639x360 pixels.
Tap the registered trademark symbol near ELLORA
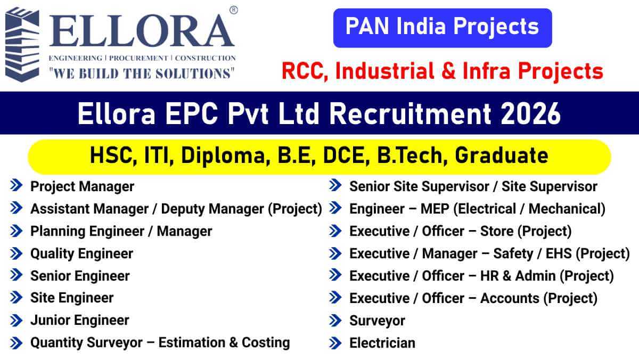coord(233,10)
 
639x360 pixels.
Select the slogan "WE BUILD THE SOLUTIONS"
coord(141,72)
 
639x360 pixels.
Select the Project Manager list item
coord(82,186)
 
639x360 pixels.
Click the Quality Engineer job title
coord(81,253)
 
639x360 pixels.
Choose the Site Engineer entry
coord(72,298)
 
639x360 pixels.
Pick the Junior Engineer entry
coord(79,320)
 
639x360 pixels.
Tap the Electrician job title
coord(382,343)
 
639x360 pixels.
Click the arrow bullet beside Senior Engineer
coord(17,275)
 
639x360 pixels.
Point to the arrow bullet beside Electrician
coord(335,343)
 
